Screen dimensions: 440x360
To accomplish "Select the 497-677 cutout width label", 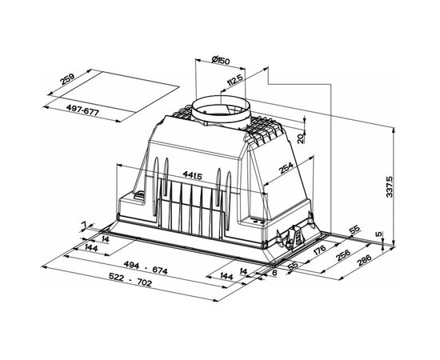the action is [82, 110].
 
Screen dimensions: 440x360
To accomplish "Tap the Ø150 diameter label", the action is [221, 60].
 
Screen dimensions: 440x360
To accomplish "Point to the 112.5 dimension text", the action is [235, 80].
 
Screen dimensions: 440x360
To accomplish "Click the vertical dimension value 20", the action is [301, 138].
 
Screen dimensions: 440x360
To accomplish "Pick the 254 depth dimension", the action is [286, 168].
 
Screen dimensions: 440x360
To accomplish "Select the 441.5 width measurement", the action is [192, 175].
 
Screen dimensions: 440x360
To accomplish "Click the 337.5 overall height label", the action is [390, 187].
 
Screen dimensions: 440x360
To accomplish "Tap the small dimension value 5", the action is [379, 234].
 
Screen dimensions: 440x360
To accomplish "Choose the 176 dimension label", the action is [319, 250].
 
